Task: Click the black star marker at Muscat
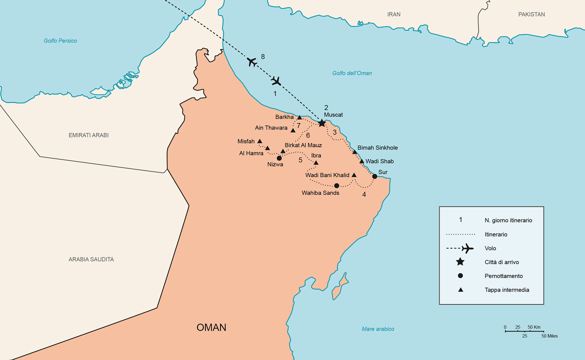322,122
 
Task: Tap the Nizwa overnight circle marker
279,158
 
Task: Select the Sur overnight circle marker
374,176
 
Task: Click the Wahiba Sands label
320,192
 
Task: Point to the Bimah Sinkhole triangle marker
354,152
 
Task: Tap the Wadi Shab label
379,161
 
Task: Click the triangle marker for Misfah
259,141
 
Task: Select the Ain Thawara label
271,127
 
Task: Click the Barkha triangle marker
299,117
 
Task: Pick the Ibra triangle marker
315,162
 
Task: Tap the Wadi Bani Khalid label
327,175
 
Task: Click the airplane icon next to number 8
252,62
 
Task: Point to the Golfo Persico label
60,40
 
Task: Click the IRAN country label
394,14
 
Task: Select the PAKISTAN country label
531,14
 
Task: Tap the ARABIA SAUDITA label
91,259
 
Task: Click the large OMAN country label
211,327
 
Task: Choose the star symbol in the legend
460,262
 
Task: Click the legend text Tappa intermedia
506,289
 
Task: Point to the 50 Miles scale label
549,336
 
